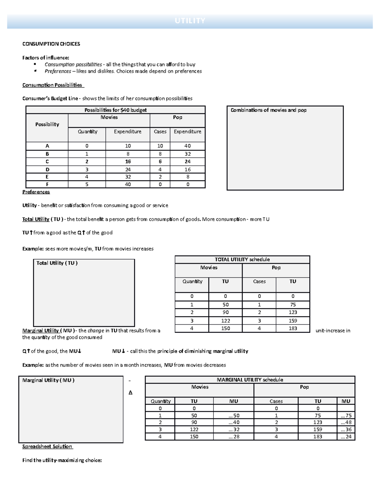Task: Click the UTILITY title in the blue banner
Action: [190, 21]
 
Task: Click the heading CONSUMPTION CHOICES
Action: [51, 44]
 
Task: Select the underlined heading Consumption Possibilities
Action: [53, 85]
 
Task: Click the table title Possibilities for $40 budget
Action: [116, 110]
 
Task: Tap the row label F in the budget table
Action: [47, 184]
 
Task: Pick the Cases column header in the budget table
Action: [160, 131]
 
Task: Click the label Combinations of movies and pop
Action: [268, 110]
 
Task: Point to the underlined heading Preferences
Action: [36, 192]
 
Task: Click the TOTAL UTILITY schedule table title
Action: [242, 259]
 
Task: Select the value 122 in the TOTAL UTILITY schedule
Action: [225, 321]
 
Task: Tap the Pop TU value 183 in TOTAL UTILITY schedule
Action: [293, 329]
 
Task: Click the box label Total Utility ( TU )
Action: [57, 263]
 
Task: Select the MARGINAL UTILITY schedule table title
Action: [250, 380]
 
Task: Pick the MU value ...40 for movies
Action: [234, 422]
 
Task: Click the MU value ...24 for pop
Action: [346, 437]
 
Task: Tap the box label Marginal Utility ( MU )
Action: [48, 380]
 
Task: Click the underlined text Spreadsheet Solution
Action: [47, 447]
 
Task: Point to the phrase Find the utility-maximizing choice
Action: [62, 461]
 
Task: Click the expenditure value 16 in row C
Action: [128, 162]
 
